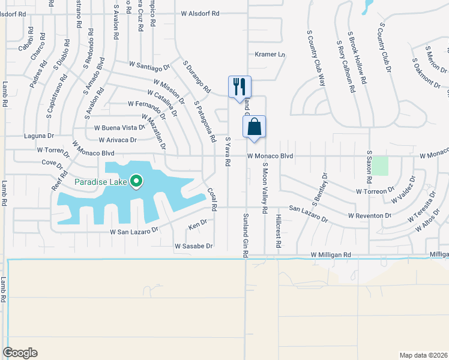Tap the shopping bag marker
click(254, 127)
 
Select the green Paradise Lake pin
click(136, 181)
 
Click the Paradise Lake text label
click(101, 182)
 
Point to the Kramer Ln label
click(270, 54)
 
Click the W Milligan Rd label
click(331, 255)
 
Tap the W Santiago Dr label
click(150, 65)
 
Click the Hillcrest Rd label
click(279, 231)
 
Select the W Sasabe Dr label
click(194, 246)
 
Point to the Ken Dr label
click(197, 225)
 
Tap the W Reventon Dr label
click(370, 215)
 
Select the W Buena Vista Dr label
click(119, 128)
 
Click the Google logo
click(20, 353)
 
